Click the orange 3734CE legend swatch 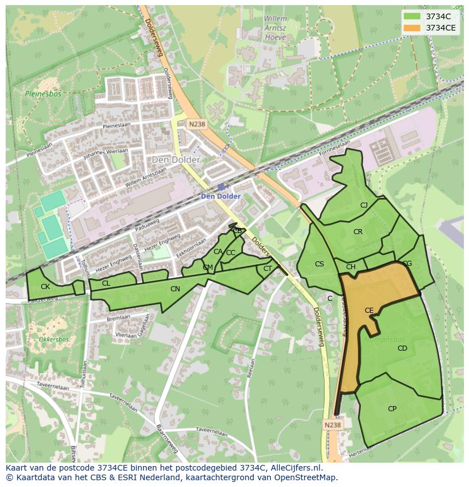point(412,28)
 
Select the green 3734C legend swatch point(412,16)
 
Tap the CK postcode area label point(45,287)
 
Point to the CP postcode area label point(392,409)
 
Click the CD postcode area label point(402,348)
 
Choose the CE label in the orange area point(369,311)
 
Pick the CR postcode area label point(358,232)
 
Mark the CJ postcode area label point(364,205)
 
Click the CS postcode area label point(319,264)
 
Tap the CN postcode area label point(175,289)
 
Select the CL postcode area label point(106,283)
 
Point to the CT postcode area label point(267,269)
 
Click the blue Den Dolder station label point(221,196)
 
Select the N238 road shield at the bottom point(333,425)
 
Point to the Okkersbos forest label point(54,340)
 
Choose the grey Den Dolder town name point(176,160)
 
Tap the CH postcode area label point(351,267)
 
